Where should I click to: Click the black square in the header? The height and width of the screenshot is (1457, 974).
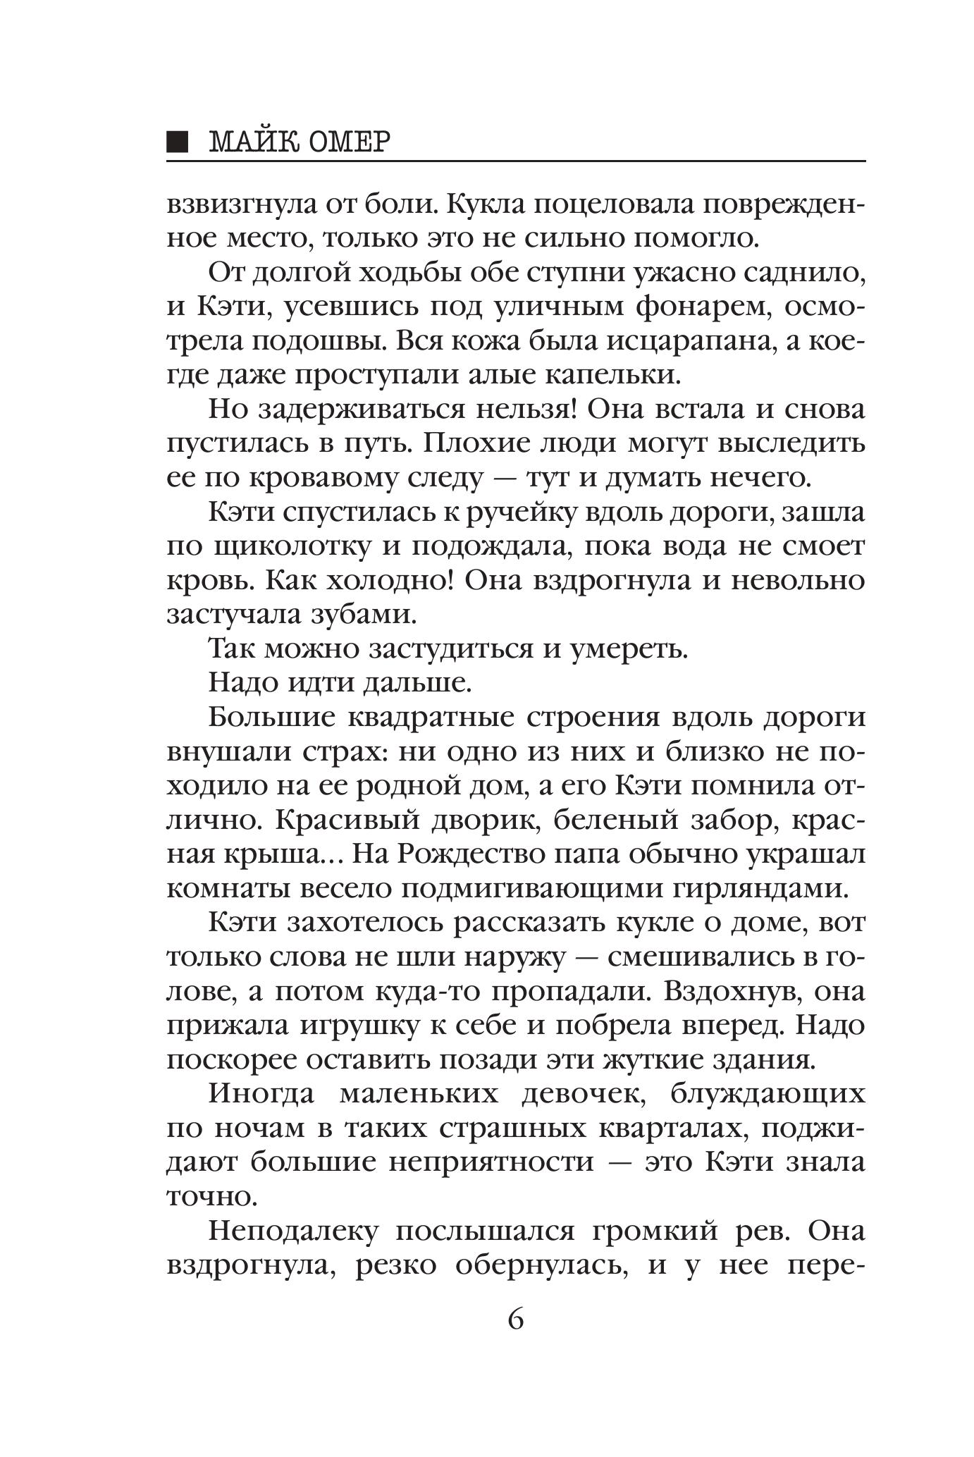tap(178, 142)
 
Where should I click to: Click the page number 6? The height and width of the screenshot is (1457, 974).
tap(515, 1318)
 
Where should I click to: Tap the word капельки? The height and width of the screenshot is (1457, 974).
tap(613, 375)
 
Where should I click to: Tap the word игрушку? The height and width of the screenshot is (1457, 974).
tap(362, 1025)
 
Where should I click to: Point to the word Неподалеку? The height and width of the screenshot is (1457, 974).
tap(294, 1231)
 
